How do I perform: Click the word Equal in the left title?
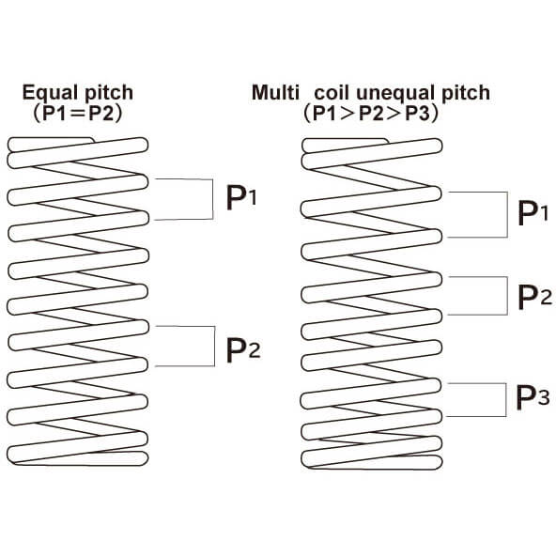tap(50, 93)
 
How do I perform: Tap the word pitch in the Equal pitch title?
tap(109, 93)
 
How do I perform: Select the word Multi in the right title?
tap(275, 93)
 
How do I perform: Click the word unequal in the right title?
tap(394, 94)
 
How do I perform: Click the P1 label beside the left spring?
tap(241, 198)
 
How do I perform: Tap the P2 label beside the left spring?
tap(243, 350)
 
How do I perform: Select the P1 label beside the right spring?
tap(533, 213)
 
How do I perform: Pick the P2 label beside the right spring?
tap(534, 297)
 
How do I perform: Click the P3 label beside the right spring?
tap(533, 397)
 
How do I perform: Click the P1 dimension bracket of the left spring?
tap(213, 199)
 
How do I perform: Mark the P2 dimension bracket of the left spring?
tap(214, 346)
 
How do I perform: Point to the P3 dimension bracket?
tap(505, 400)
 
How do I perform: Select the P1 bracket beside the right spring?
tap(507, 214)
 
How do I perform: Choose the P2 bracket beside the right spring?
tap(507, 296)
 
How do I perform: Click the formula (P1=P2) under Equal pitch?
tap(78, 114)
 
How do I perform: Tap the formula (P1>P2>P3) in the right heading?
tap(371, 114)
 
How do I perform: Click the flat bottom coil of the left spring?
tap(77, 458)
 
